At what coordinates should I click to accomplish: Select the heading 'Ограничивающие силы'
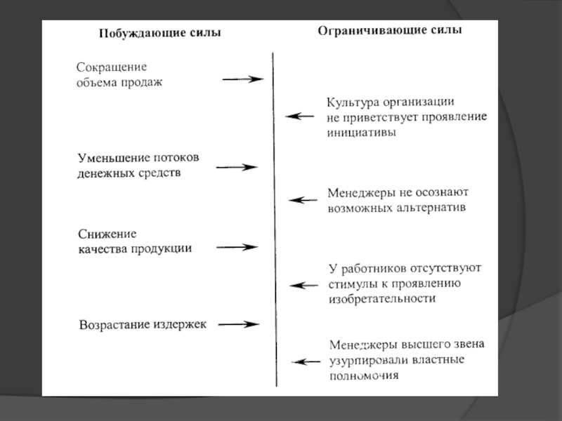point(390,32)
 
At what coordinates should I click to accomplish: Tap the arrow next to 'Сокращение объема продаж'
point(242,79)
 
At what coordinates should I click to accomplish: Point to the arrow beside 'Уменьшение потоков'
point(237,167)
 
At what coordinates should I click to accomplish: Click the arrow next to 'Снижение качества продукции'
point(237,247)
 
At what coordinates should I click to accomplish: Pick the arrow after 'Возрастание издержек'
point(239,324)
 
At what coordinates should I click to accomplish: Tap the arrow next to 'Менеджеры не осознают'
point(303,200)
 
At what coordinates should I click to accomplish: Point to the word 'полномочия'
point(364,375)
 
